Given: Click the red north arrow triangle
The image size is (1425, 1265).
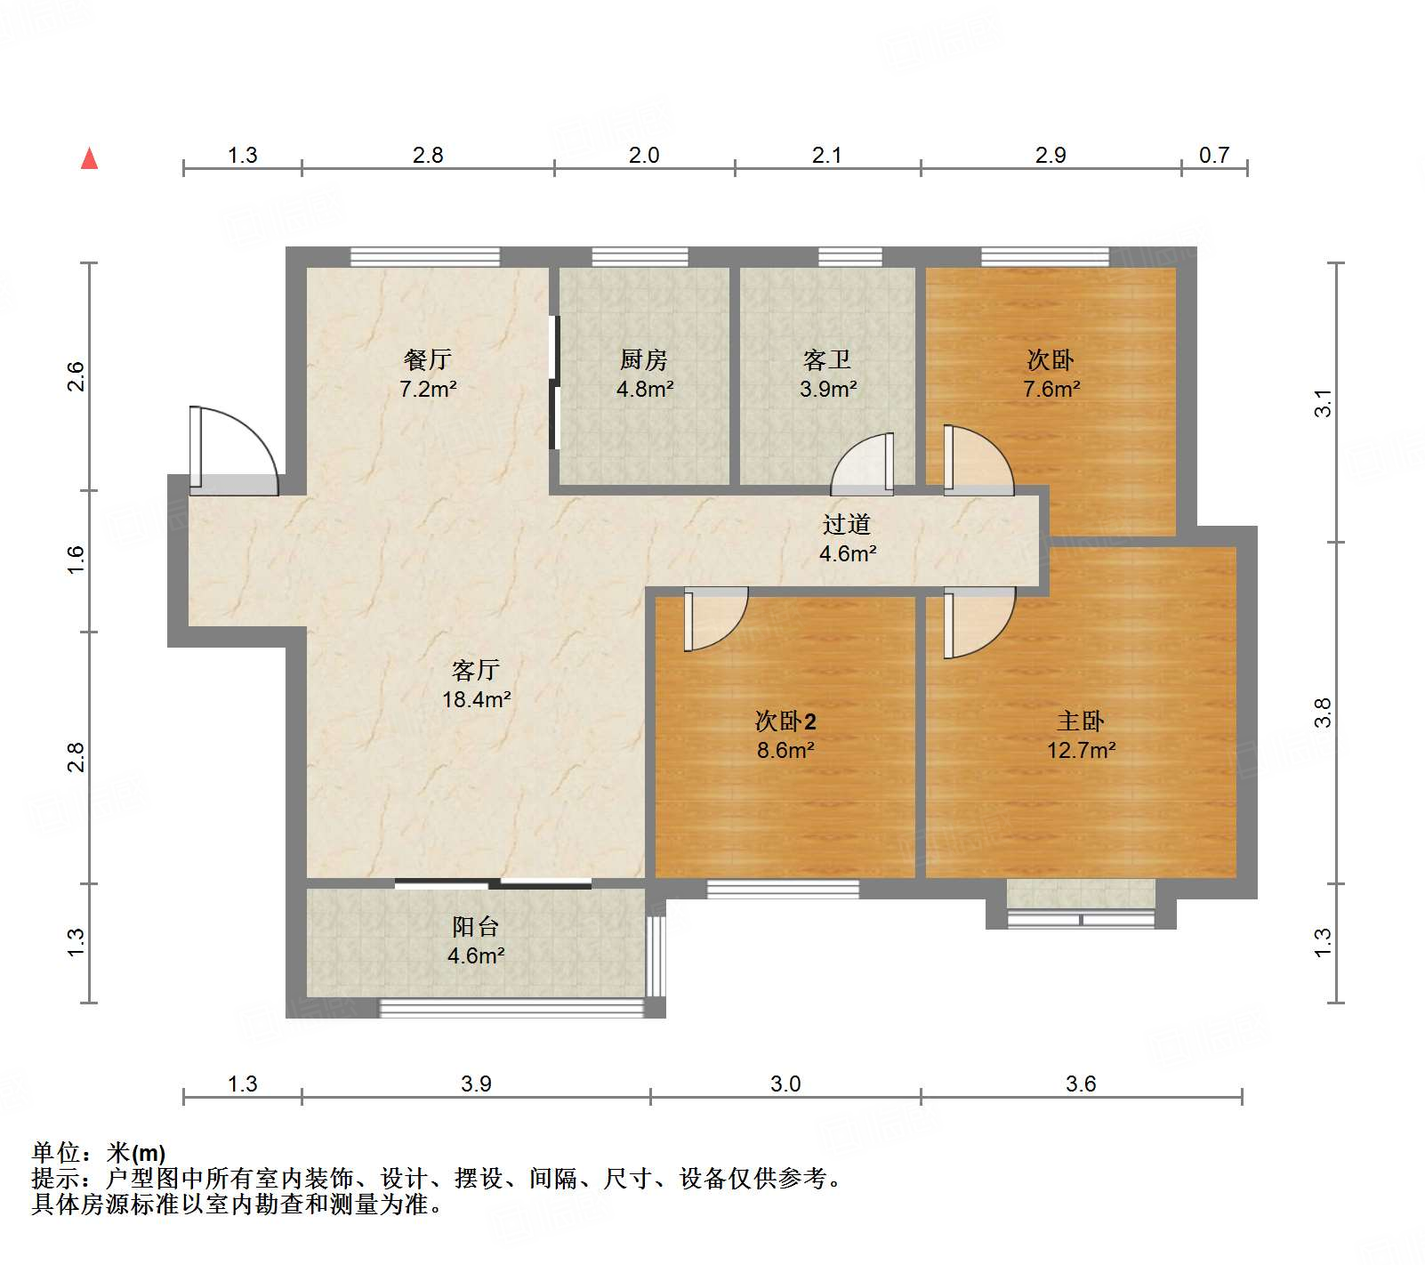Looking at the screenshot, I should (89, 159).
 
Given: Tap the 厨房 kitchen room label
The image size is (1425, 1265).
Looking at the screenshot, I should (644, 374).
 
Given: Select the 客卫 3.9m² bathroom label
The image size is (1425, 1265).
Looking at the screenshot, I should (827, 374).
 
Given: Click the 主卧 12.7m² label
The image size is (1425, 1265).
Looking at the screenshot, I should (1081, 735).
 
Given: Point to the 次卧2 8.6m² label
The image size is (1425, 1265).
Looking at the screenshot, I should (785, 735).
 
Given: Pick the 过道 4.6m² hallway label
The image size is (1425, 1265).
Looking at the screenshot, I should (847, 538).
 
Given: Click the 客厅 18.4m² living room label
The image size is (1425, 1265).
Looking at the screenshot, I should (476, 684).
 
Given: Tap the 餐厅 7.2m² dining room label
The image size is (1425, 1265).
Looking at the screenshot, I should (428, 374).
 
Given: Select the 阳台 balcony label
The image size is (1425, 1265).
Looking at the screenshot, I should (476, 940).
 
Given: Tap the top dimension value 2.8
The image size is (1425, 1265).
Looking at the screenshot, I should (428, 155).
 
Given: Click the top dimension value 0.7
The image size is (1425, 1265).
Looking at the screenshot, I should (1213, 155).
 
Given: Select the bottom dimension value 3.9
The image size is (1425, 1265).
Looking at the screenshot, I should (476, 1084).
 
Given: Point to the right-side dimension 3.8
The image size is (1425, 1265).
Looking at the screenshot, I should (1324, 713).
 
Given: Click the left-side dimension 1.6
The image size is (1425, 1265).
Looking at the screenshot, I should (76, 560).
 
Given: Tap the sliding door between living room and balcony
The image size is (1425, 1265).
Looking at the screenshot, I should (494, 883).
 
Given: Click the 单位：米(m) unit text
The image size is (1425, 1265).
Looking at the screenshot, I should (99, 1153).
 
